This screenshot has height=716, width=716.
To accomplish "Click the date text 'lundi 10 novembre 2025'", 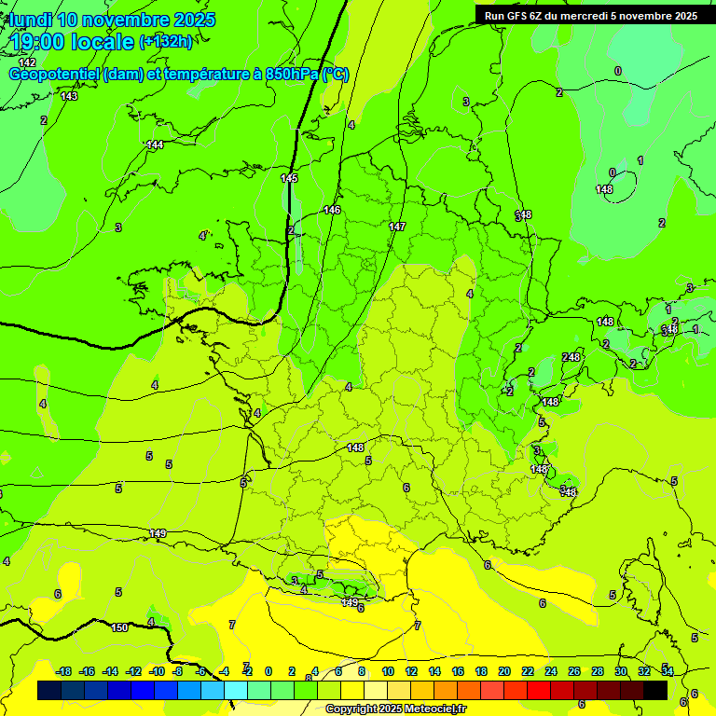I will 112,20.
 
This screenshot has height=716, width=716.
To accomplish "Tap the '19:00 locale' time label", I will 73,42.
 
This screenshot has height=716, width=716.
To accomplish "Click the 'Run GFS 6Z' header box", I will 590,15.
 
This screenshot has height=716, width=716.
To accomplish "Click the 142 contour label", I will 27,62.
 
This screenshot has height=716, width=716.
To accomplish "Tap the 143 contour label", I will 69,96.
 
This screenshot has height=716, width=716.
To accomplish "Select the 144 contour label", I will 155,145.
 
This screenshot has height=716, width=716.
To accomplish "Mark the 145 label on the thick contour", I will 289,178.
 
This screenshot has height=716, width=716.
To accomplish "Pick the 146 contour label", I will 332,210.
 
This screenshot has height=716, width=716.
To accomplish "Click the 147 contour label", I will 397,227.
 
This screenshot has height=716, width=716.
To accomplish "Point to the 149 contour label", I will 158,533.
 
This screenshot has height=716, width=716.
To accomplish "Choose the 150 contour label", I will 119,627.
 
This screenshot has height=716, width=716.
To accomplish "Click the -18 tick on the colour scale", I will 63,671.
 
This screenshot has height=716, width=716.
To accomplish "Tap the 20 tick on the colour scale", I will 503,671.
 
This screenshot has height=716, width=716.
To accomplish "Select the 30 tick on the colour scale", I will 620,671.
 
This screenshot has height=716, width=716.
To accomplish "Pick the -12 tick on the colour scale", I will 133,671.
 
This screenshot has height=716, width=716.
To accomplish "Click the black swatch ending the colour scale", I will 655,690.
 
